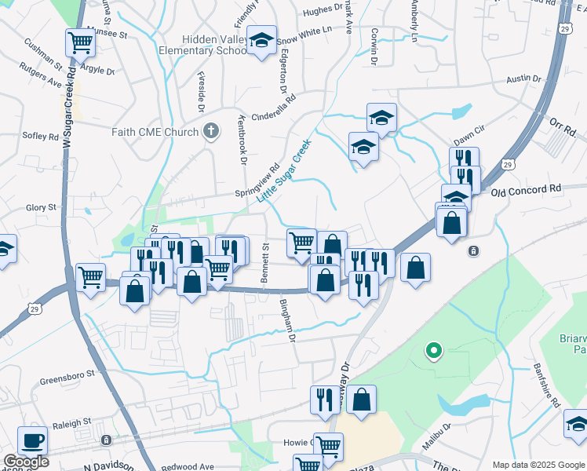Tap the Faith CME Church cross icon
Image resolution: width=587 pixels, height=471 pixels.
tap(210, 132)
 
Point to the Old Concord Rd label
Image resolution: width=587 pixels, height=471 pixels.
tap(527, 190)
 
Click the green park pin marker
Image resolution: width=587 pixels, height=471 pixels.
tap(432, 350)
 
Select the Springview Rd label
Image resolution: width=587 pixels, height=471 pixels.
tap(257, 181)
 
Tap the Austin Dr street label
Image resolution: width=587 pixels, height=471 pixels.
tap(524, 79)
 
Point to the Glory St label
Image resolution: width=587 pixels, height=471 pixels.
tap(41, 207)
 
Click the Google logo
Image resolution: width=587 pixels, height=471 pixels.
tap(26, 462)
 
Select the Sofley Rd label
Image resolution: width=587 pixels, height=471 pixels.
tap(41, 136)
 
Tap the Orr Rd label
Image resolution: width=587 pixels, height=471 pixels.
tap(562, 125)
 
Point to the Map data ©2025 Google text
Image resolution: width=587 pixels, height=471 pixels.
tap(537, 465)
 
